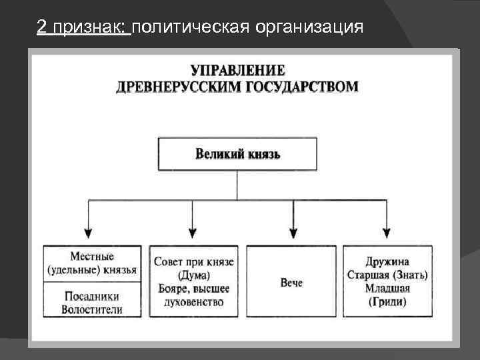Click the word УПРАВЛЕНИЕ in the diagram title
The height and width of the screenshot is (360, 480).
238,71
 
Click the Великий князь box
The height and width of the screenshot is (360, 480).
237,154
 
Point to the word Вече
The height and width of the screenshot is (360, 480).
291,283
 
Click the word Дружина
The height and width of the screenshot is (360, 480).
387,262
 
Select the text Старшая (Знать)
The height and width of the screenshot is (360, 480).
387,275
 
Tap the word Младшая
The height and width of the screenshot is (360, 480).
387,288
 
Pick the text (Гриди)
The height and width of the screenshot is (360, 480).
387,301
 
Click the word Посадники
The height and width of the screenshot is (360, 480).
92,297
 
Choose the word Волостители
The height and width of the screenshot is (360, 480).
92,310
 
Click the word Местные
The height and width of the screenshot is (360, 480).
92,257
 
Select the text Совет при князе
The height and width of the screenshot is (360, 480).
193,262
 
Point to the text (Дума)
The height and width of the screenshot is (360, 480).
193,275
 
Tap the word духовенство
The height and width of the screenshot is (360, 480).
193,302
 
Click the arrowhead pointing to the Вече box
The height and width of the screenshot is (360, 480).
291,233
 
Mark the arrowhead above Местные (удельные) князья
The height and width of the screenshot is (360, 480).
89,233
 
